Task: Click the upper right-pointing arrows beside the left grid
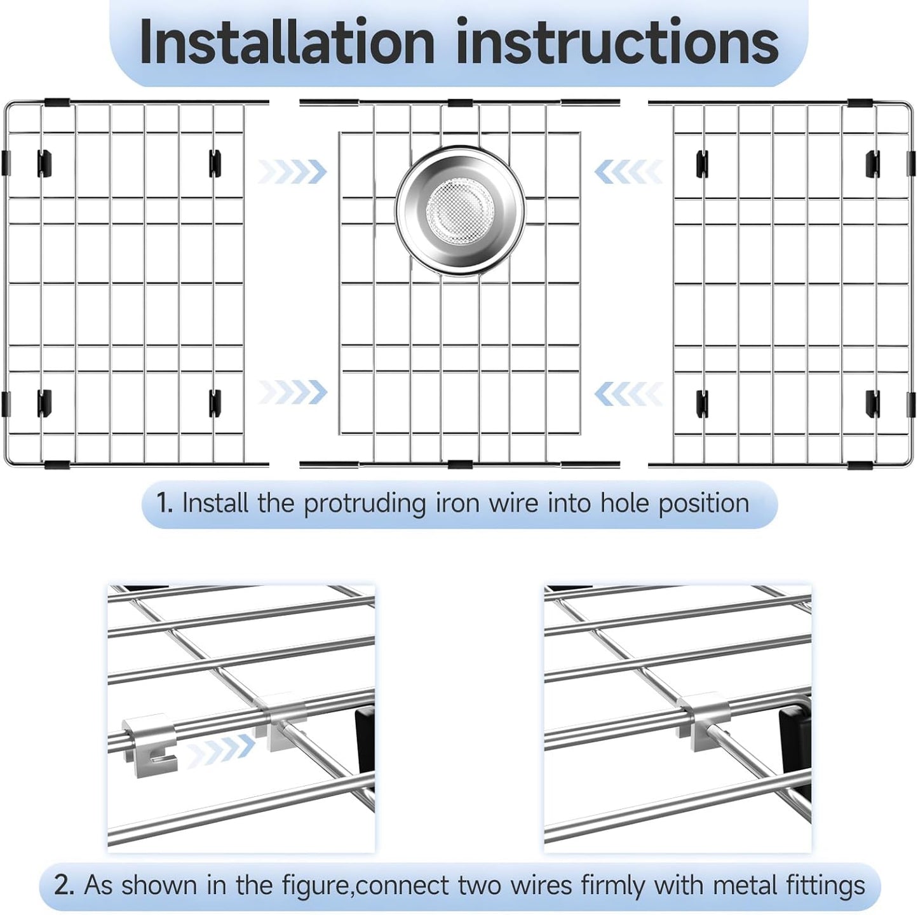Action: (293, 172)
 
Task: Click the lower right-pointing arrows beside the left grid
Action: (293, 392)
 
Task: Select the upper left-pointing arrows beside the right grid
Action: (628, 172)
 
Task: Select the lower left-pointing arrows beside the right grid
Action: (628, 394)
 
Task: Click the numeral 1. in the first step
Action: (165, 503)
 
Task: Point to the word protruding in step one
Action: (364, 504)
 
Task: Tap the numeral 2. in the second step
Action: (64, 884)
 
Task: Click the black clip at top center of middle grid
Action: (460, 103)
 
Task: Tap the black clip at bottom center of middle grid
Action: (460, 464)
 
